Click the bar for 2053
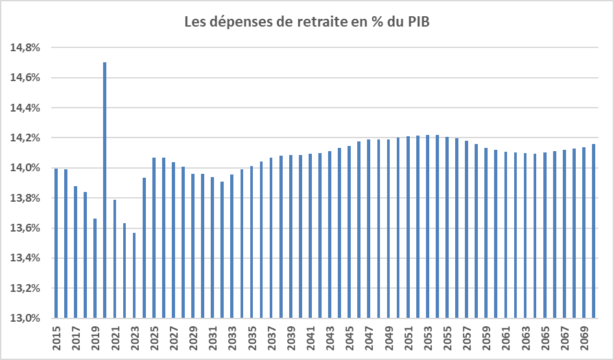pyautogui.click(x=428, y=226)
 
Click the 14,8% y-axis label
pyautogui.click(x=25, y=48)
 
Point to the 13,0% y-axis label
pyautogui.click(x=25, y=318)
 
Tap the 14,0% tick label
pyautogui.click(x=25, y=168)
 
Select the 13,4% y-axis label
pyautogui.click(x=25, y=258)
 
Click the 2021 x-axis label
pyautogui.click(x=115, y=339)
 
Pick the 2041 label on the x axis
pyautogui.click(x=311, y=339)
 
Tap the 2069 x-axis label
pyautogui.click(x=584, y=339)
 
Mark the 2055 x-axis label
pyautogui.click(x=447, y=339)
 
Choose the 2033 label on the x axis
pyautogui.click(x=232, y=339)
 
